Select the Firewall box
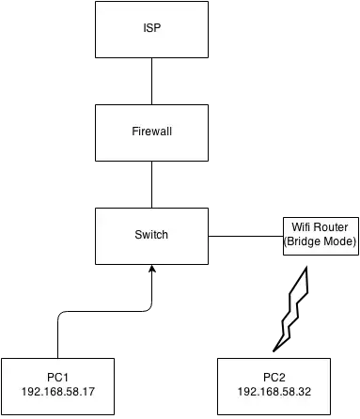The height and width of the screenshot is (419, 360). [149, 133]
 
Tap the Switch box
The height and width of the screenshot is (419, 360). [149, 235]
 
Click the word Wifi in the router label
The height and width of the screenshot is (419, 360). [301, 227]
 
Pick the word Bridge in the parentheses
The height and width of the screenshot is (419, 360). [305, 242]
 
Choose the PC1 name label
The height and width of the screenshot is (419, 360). [58, 377]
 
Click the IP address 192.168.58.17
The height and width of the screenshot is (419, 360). [58, 390]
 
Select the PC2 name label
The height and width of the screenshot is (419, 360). [274, 377]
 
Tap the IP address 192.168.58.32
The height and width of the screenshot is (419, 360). [274, 390]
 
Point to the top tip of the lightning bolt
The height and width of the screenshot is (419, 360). [308, 272]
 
